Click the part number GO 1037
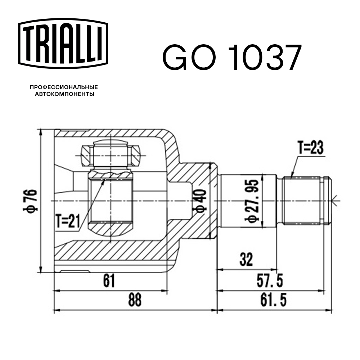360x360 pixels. point(230,58)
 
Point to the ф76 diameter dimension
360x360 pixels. point(30,201)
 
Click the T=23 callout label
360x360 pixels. point(310,148)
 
